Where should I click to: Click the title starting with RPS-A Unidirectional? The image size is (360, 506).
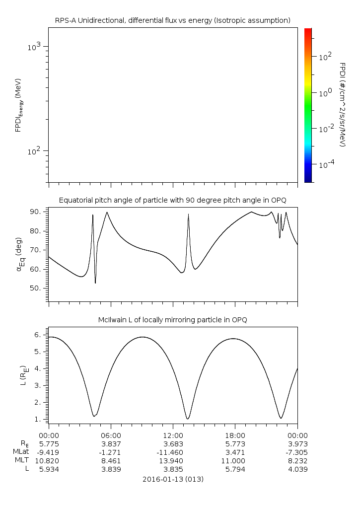172,20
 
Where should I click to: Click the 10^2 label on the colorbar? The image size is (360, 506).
325,57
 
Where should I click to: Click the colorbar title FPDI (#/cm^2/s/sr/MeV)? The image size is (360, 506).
342,104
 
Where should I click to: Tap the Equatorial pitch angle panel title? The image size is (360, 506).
172,200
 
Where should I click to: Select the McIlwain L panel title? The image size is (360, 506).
172,320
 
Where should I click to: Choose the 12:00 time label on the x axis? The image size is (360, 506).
172,434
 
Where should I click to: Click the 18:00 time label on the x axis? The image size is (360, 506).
234,434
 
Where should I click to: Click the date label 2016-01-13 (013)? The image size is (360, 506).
172,480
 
